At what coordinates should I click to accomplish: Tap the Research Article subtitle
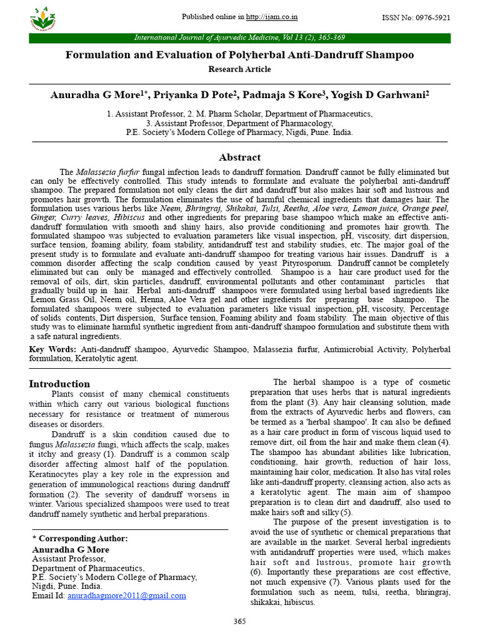click(239, 69)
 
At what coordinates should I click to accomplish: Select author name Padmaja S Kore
click(284, 95)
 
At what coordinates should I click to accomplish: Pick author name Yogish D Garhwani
click(382, 95)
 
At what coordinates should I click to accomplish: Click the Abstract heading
click(239, 157)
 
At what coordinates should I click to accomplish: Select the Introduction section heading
click(59, 384)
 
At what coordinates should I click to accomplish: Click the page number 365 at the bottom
click(239, 621)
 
